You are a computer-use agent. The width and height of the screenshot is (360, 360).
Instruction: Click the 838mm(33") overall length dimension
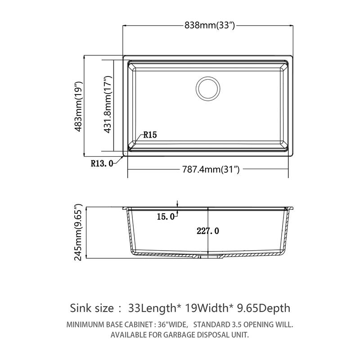tap(210, 25)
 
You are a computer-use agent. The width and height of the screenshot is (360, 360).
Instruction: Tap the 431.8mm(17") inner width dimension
tap(107, 106)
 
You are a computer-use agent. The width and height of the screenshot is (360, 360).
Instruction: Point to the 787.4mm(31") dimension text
tap(210, 170)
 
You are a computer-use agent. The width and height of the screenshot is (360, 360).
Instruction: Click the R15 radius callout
tap(150, 135)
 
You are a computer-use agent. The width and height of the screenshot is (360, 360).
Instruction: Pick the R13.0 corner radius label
tap(102, 163)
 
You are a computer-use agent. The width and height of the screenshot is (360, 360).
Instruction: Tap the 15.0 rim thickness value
tap(165, 217)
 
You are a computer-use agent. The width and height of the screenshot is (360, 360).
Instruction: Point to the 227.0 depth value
tap(208, 231)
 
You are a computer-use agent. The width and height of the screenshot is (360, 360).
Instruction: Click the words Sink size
tap(92, 308)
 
